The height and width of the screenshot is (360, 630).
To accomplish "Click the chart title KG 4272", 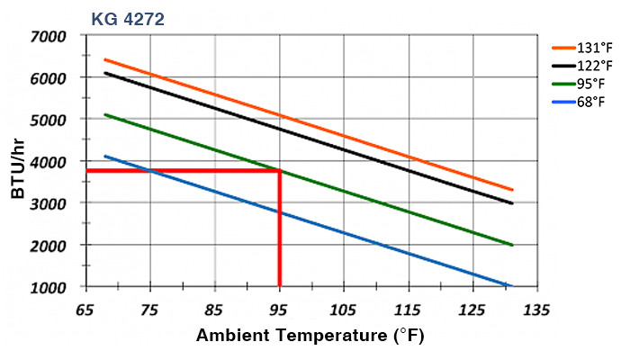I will coord(127,18).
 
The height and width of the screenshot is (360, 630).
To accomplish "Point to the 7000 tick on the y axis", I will coord(49,36).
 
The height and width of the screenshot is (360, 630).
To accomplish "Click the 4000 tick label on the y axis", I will coord(49,162).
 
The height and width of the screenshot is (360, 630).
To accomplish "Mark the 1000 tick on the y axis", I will coord(49,287).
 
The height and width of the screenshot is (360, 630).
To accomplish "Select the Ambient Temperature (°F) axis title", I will coord(310,337).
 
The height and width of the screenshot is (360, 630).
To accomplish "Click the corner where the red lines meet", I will coord(280,170).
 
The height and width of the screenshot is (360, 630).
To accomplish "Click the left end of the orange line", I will coord(105,59).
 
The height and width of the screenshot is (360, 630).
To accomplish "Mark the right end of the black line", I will coord(512,203).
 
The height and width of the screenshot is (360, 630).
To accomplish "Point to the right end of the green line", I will coord(512,245).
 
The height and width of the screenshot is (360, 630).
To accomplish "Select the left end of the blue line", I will coord(105,156).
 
